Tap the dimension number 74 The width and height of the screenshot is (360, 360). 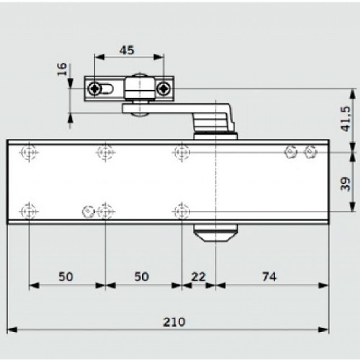click(x=269, y=276)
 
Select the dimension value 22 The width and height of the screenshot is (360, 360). click(x=198, y=276)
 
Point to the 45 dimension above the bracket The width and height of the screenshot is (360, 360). click(x=126, y=50)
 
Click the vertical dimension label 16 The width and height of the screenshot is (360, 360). click(x=62, y=68)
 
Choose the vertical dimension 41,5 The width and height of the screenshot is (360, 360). click(x=346, y=118)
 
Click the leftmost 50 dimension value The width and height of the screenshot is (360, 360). click(x=66, y=276)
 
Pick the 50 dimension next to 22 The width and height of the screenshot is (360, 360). click(x=141, y=276)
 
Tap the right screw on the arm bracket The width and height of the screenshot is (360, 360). click(x=164, y=88)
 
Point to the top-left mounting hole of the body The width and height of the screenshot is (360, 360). click(x=28, y=152)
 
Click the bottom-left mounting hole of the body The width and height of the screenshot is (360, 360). click(x=28, y=211)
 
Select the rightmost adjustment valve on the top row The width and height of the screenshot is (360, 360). click(x=310, y=152)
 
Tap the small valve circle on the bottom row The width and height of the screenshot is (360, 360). click(x=87, y=211)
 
